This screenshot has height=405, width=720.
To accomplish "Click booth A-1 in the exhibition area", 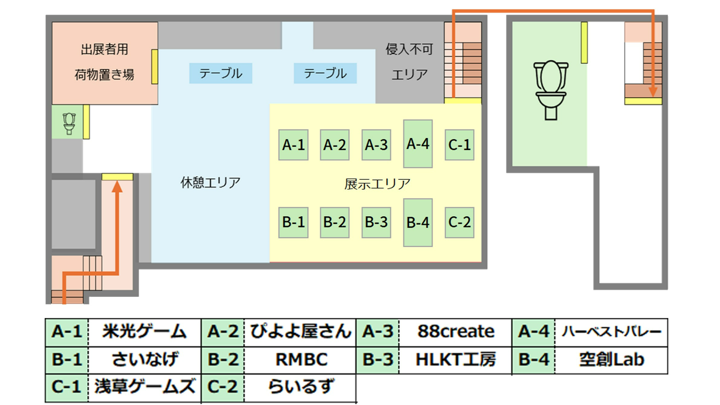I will point(293,145).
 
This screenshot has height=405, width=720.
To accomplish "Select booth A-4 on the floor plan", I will point(418,144).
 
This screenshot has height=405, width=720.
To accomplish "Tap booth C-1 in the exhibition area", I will point(459,145).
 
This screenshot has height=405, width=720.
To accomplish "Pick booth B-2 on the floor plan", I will point(334,222).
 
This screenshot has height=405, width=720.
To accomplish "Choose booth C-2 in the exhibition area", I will point(459,222).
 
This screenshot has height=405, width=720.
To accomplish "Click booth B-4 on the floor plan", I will point(418,223).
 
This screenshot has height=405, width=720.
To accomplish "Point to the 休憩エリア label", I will point(210,183).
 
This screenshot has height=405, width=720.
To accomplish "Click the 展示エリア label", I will point(377,184).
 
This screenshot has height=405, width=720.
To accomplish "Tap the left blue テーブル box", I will point(221,73).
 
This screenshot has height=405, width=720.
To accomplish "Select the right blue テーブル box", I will point(325,73).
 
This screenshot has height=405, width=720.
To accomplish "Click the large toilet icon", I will point(551,90).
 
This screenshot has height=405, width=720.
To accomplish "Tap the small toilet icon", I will point(69,123).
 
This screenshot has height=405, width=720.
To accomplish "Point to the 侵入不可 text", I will point(409,49).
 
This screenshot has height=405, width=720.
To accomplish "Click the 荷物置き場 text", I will point(104,75).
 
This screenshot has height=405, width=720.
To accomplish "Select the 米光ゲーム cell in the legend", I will point(144,331).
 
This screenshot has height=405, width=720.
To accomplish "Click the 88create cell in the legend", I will point(455,331).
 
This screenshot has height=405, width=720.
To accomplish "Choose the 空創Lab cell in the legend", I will point(611,360).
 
